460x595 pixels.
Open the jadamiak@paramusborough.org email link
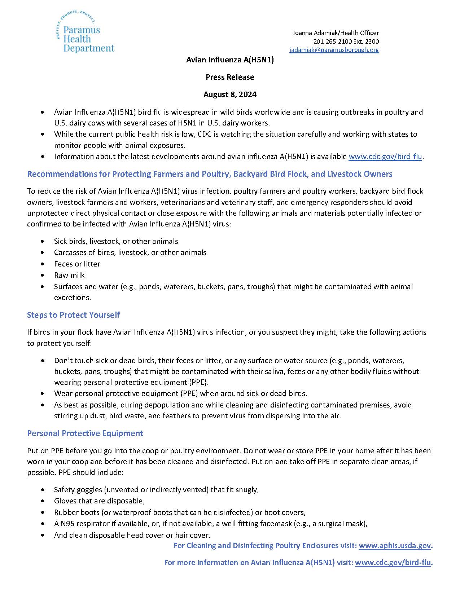tap(334, 50)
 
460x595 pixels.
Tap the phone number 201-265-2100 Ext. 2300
tap(346, 41)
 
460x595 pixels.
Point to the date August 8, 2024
tap(230, 94)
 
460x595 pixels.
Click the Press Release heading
tap(230, 77)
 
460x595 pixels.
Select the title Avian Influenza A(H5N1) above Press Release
tap(230, 60)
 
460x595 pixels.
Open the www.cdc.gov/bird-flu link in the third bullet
tap(385, 157)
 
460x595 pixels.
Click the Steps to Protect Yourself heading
tap(73, 315)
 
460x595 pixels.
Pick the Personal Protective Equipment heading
tap(85, 433)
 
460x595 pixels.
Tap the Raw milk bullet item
tap(69, 276)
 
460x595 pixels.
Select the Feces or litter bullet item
tap(77, 264)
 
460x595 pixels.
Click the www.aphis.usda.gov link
tap(395, 546)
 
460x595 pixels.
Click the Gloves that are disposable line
tap(99, 501)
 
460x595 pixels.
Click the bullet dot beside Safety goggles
tap(44, 490)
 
